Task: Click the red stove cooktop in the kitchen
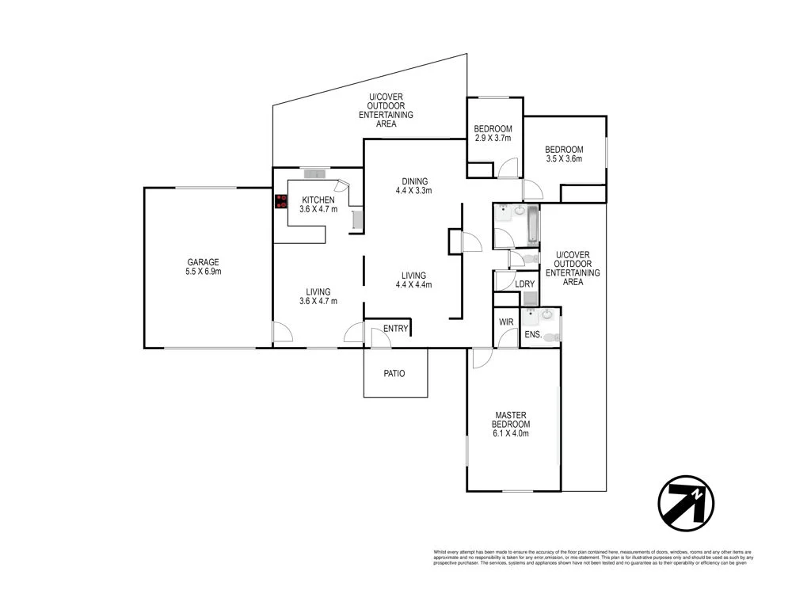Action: [x=281, y=201]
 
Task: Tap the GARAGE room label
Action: [x=204, y=262]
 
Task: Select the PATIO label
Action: [x=394, y=373]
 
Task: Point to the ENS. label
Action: [x=534, y=335]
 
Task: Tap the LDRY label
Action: [x=524, y=284]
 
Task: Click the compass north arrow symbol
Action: [x=686, y=502]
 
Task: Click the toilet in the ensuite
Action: [x=552, y=338]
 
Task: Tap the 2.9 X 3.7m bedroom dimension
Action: [x=493, y=138]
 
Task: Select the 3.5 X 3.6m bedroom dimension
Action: [x=564, y=158]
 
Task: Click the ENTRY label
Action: [x=395, y=329]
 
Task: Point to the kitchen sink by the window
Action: [x=315, y=174]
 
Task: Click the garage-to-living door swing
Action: [x=280, y=333]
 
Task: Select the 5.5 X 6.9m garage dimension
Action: [x=204, y=272]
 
